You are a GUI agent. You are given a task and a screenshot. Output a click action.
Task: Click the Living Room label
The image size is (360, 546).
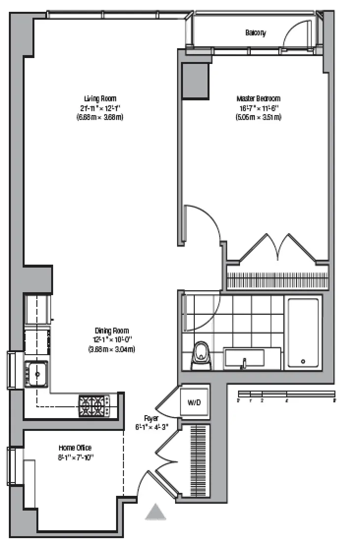pos(100,98)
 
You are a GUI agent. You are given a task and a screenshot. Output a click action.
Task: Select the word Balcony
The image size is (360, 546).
pos(255,33)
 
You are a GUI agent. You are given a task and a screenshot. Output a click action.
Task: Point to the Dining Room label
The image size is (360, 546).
pos(112,331)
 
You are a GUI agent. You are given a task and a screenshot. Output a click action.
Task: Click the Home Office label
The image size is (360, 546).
pos(75,448)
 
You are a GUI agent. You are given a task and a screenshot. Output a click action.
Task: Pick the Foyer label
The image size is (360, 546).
pos(151,418)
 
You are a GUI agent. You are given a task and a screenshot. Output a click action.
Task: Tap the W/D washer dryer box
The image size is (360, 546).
pos(194,403)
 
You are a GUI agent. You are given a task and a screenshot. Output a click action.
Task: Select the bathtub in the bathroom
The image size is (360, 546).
pos(303,333)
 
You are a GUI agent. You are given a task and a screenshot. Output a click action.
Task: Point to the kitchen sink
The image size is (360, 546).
pos(36,374)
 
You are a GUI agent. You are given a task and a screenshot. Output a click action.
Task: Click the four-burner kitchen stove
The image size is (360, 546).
pos(93,406)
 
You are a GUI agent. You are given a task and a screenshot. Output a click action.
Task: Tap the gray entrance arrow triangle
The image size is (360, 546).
pos(156,513)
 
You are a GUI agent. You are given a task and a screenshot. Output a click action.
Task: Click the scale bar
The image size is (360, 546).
pos(286,394)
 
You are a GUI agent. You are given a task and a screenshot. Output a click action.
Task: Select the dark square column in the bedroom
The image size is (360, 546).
pos(195,81)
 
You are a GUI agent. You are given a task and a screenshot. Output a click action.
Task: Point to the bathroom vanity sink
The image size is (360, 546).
pos(244,359)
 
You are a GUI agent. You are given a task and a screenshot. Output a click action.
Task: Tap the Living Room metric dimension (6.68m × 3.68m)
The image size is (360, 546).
pos(100,118)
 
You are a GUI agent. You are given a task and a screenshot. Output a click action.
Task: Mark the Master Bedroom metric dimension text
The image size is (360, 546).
pos(258,118)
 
